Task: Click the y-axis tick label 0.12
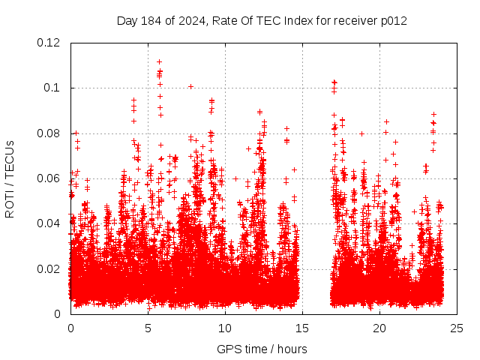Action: pos(49,43)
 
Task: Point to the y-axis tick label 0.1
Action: pos(54,88)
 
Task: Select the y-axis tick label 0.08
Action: pos(49,133)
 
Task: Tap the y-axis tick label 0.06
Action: pos(49,178)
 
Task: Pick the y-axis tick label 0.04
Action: pos(49,223)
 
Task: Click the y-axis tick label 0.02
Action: pos(49,268)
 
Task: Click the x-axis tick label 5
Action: pos(148,328)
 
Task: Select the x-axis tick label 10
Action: pos(225,328)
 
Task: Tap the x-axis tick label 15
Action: pos(302,328)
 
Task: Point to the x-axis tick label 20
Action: pos(379,328)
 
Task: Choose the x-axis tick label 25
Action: pos(457,328)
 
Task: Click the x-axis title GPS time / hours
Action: pos(262,349)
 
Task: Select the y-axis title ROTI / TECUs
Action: pos(10,178)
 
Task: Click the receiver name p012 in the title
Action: pos(393,20)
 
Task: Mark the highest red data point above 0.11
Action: pos(159,62)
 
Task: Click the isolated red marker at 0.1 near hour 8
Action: pos(190,86)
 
